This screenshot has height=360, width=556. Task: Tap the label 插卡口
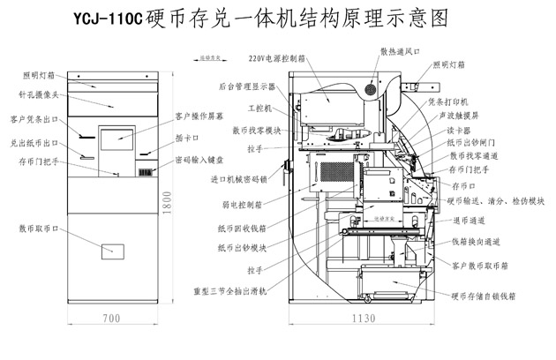[x=188, y=138]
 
